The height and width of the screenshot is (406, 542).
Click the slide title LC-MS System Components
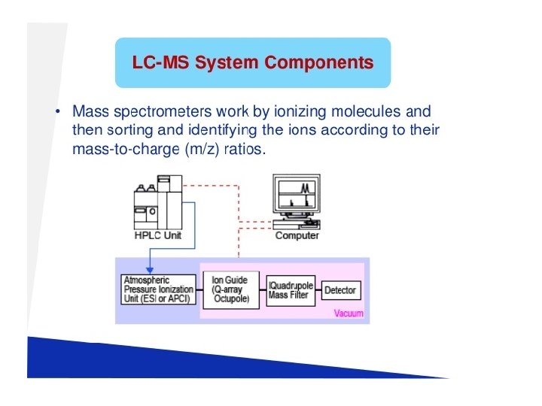tap(253, 62)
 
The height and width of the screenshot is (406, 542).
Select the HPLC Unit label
tap(158, 236)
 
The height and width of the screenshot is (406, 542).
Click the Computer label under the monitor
tap(297, 236)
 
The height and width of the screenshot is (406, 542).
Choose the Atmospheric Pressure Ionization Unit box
tap(158, 289)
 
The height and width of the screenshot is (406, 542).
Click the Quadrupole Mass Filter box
tap(291, 289)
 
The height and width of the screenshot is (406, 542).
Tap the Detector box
tap(340, 290)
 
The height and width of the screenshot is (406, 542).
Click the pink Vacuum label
tap(349, 314)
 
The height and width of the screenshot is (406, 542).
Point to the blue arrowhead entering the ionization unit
tap(149, 271)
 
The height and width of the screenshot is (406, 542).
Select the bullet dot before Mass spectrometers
tap(58, 113)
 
